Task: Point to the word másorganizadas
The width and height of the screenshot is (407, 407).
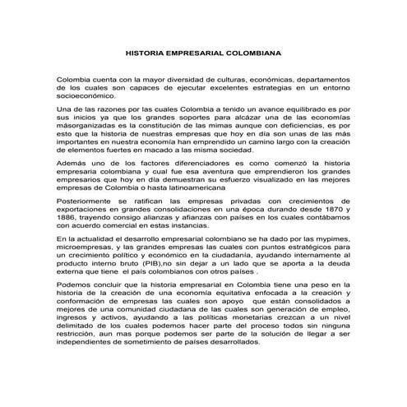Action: click(x=83, y=128)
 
